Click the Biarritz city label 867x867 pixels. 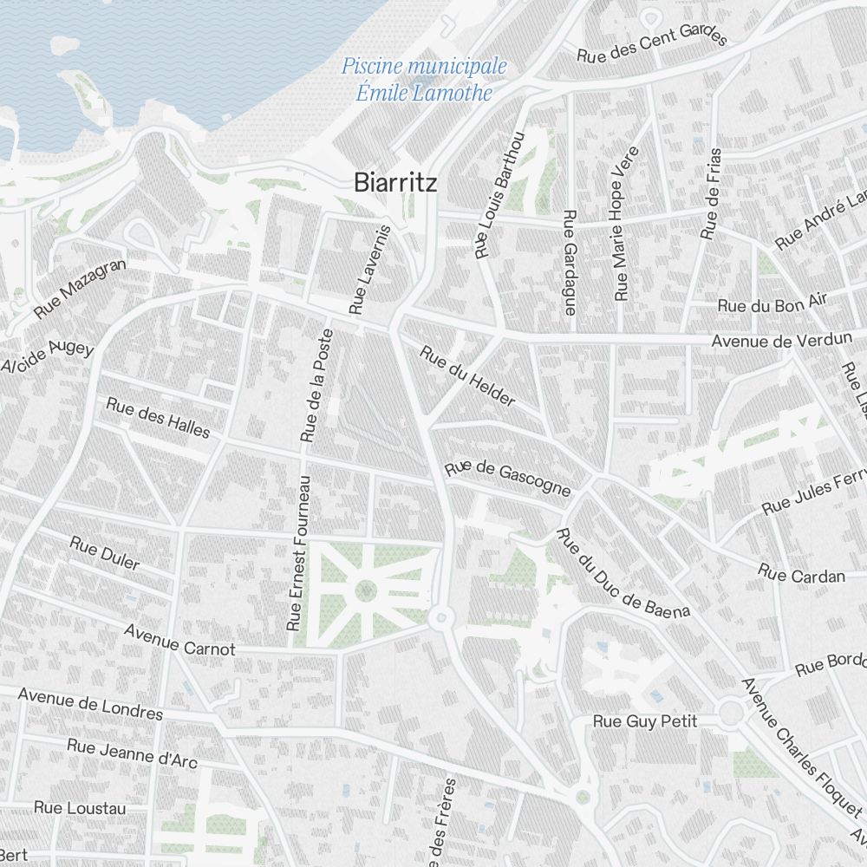point(395,182)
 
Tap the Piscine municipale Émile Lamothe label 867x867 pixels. point(424,79)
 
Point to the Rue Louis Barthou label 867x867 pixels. point(500,195)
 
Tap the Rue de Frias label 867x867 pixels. point(712,193)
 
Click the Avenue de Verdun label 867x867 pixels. point(781,341)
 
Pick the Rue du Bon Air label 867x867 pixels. point(772,303)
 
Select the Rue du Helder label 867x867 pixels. point(467,376)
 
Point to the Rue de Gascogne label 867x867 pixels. point(508,479)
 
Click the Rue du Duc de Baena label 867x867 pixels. point(623,573)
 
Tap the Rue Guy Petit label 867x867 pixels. point(645,720)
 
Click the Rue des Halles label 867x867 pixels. point(158,417)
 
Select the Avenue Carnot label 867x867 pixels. point(179,639)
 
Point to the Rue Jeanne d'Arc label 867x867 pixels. point(132,753)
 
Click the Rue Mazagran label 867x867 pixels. point(81,288)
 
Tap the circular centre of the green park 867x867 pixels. point(366,591)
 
